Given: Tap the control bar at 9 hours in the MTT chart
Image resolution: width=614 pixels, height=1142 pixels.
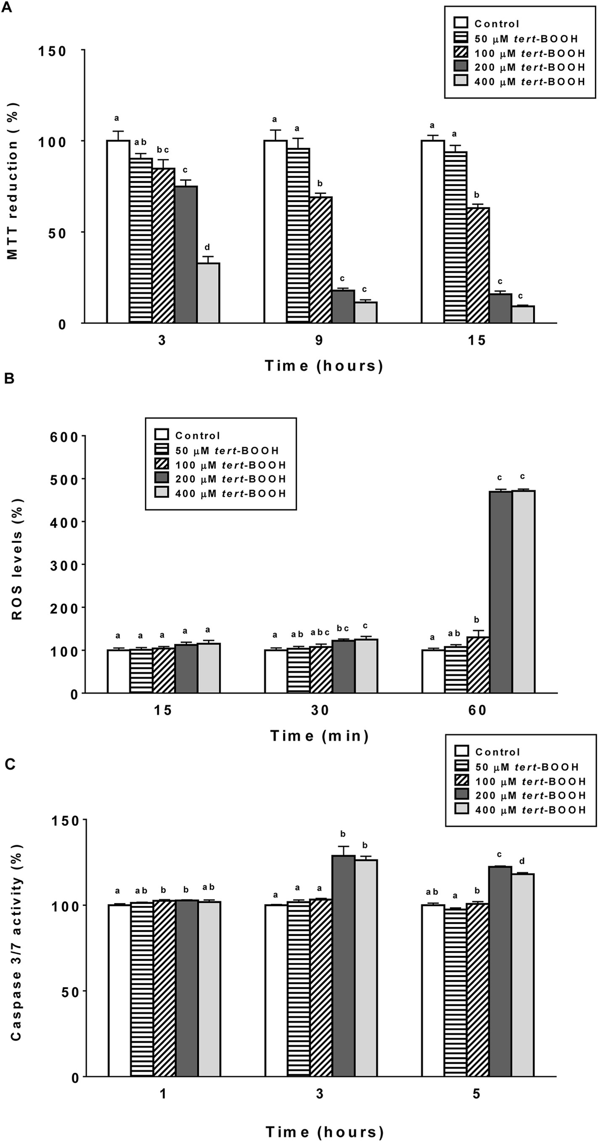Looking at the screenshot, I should [275, 231].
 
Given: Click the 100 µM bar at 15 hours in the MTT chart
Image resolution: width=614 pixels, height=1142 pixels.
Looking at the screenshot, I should [478, 265].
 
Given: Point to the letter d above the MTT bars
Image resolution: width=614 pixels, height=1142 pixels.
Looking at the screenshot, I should [207, 247].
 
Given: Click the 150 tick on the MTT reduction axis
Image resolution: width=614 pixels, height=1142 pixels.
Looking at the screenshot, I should [52, 51].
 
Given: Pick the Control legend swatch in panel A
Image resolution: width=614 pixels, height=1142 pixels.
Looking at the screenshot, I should [461, 23].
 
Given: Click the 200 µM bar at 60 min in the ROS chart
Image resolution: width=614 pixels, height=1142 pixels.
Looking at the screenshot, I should [500, 592].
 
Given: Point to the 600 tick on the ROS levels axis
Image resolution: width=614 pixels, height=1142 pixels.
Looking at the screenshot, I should [64, 437].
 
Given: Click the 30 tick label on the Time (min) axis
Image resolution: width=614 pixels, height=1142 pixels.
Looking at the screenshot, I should [320, 710].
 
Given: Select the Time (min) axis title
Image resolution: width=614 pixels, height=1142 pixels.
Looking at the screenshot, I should [320, 736].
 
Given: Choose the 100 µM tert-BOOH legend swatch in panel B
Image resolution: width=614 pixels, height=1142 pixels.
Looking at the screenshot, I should [162, 464].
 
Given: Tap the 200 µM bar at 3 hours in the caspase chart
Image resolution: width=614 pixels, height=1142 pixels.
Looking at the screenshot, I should [344, 964].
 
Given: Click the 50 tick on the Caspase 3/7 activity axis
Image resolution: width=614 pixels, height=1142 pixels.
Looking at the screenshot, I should [70, 992].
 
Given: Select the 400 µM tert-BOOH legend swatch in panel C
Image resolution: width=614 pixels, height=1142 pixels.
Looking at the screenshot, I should [462, 809].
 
